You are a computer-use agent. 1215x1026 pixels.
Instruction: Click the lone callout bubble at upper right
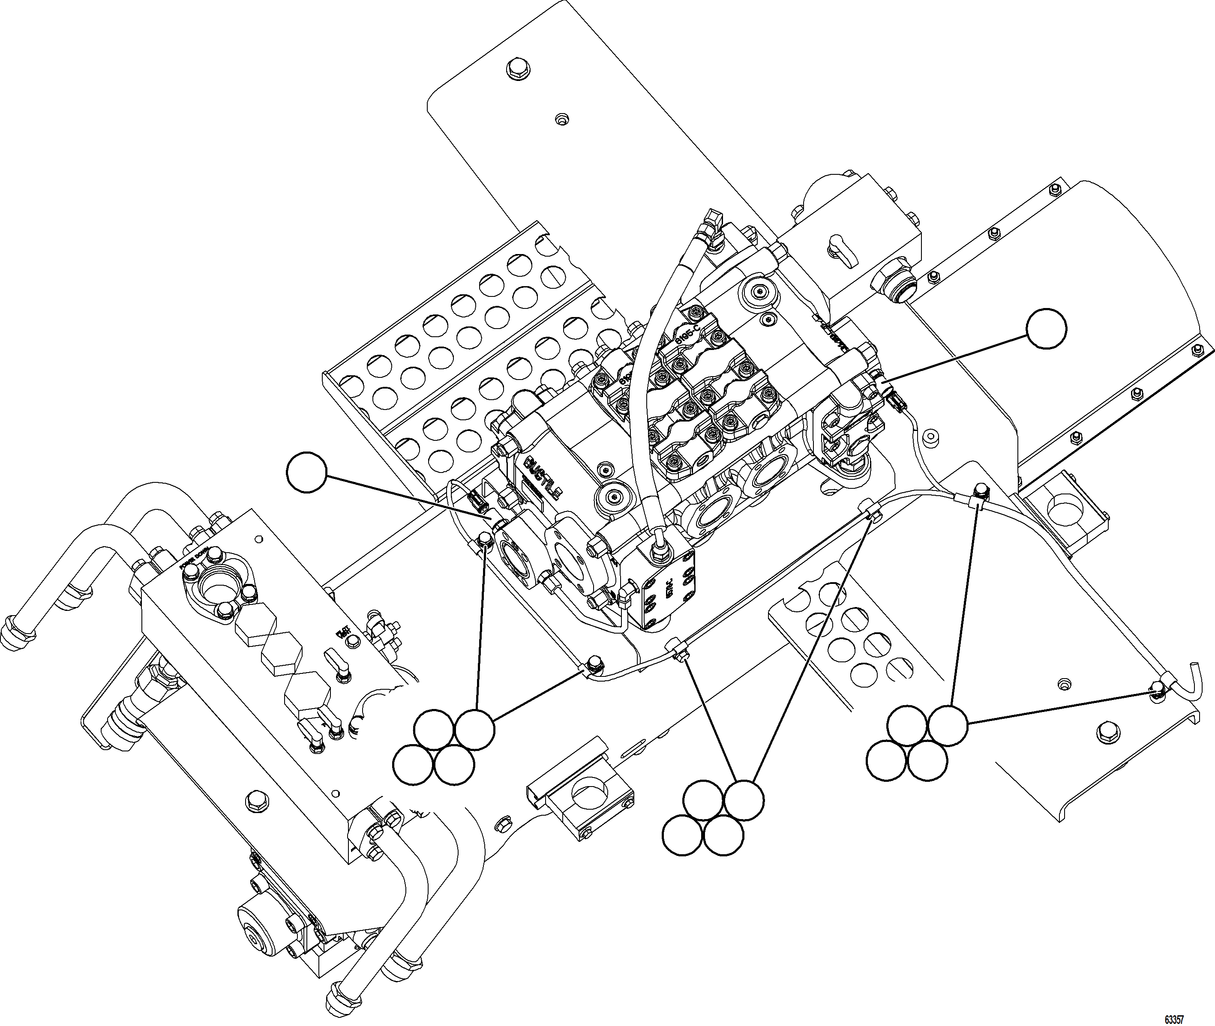pos(1046,329)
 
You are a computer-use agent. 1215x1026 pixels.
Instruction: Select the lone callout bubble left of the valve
pos(307,473)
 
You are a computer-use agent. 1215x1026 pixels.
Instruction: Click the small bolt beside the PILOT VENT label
pos(352,642)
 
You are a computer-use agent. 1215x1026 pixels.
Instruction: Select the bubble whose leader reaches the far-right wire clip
pos(947,725)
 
